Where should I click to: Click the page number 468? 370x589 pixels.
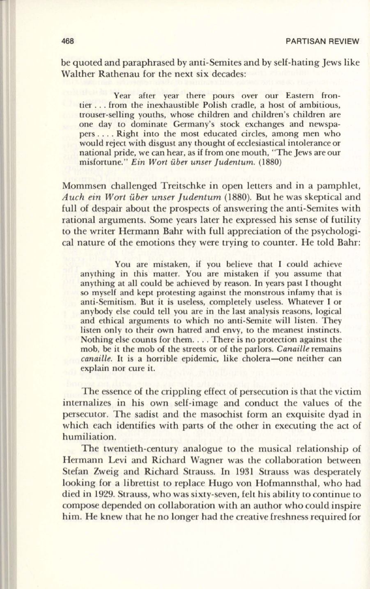point(67,41)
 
